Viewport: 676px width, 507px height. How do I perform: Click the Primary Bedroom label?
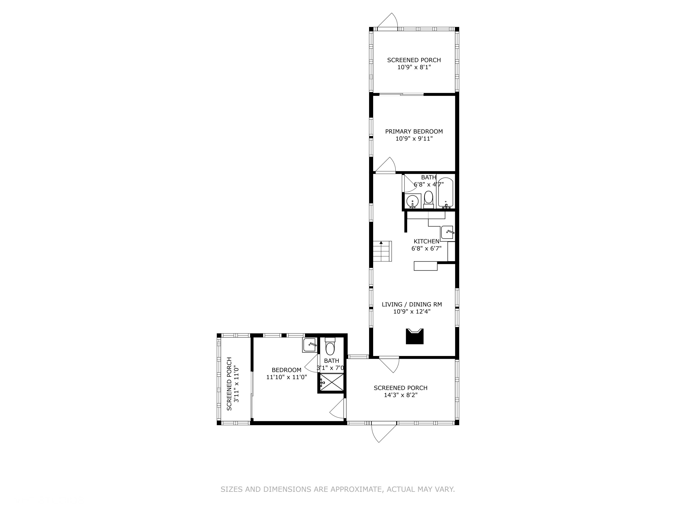pyautogui.click(x=414, y=131)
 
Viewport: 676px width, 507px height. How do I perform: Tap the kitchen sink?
pyautogui.click(x=447, y=232)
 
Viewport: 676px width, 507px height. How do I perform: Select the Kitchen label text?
pyautogui.click(x=426, y=241)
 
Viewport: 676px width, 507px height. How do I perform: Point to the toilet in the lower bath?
pyautogui.click(x=330, y=347)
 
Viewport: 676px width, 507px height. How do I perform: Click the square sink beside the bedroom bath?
pyautogui.click(x=309, y=345)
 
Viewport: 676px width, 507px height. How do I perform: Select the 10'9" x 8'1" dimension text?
pyautogui.click(x=414, y=67)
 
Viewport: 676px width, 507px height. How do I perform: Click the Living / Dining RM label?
pyautogui.click(x=412, y=304)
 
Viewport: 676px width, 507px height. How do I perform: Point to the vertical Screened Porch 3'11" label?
pyautogui.click(x=229, y=384)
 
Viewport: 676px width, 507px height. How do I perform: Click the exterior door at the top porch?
pyautogui.click(x=388, y=21)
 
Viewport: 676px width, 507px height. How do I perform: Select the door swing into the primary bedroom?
pyautogui.click(x=386, y=166)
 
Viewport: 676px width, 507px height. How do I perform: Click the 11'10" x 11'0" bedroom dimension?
pyautogui.click(x=286, y=377)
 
